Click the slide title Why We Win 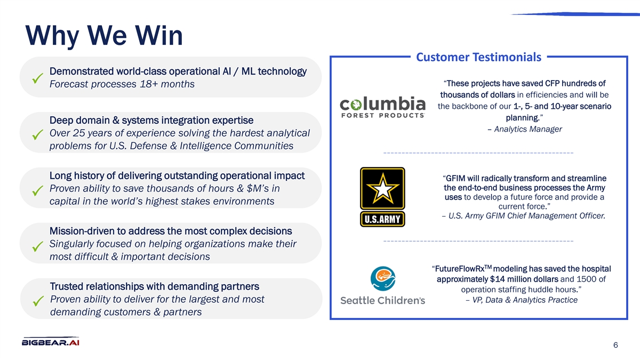pos(104,36)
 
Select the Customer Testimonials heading pos(478,57)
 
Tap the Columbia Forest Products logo pos(382,107)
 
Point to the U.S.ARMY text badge pos(382,219)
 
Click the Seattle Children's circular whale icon pos(383,278)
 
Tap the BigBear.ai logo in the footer pos(51,341)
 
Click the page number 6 pos(615,345)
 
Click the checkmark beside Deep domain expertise pos(37,134)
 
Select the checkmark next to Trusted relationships pos(38,301)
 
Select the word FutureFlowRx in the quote pos(460,269)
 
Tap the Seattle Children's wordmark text pos(382,301)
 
